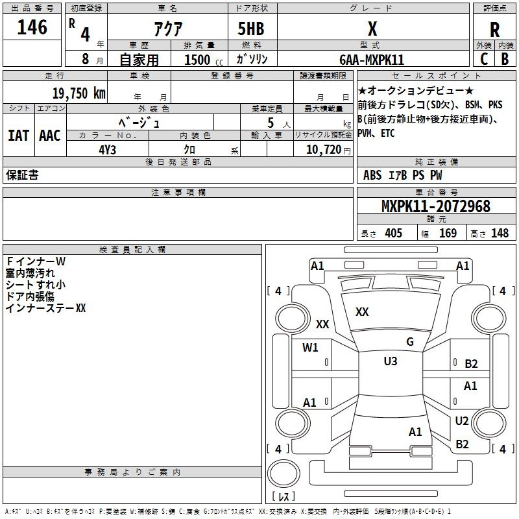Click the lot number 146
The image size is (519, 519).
tap(32, 27)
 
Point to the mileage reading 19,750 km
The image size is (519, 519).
tap(78, 93)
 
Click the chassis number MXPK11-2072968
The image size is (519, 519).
tap(435, 206)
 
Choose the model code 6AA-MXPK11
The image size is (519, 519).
tap(372, 60)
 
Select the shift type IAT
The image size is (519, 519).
tap(18, 136)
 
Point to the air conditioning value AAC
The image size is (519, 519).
tap(50, 136)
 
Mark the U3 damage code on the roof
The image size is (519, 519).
tap(390, 361)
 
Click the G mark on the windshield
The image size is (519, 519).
tap(410, 342)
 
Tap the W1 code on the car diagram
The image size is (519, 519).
tap(310, 347)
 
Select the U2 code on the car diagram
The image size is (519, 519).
tap(461, 421)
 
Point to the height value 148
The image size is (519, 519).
tap(500, 234)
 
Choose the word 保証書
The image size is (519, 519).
tap(22, 175)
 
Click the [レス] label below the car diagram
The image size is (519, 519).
tap(284, 496)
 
